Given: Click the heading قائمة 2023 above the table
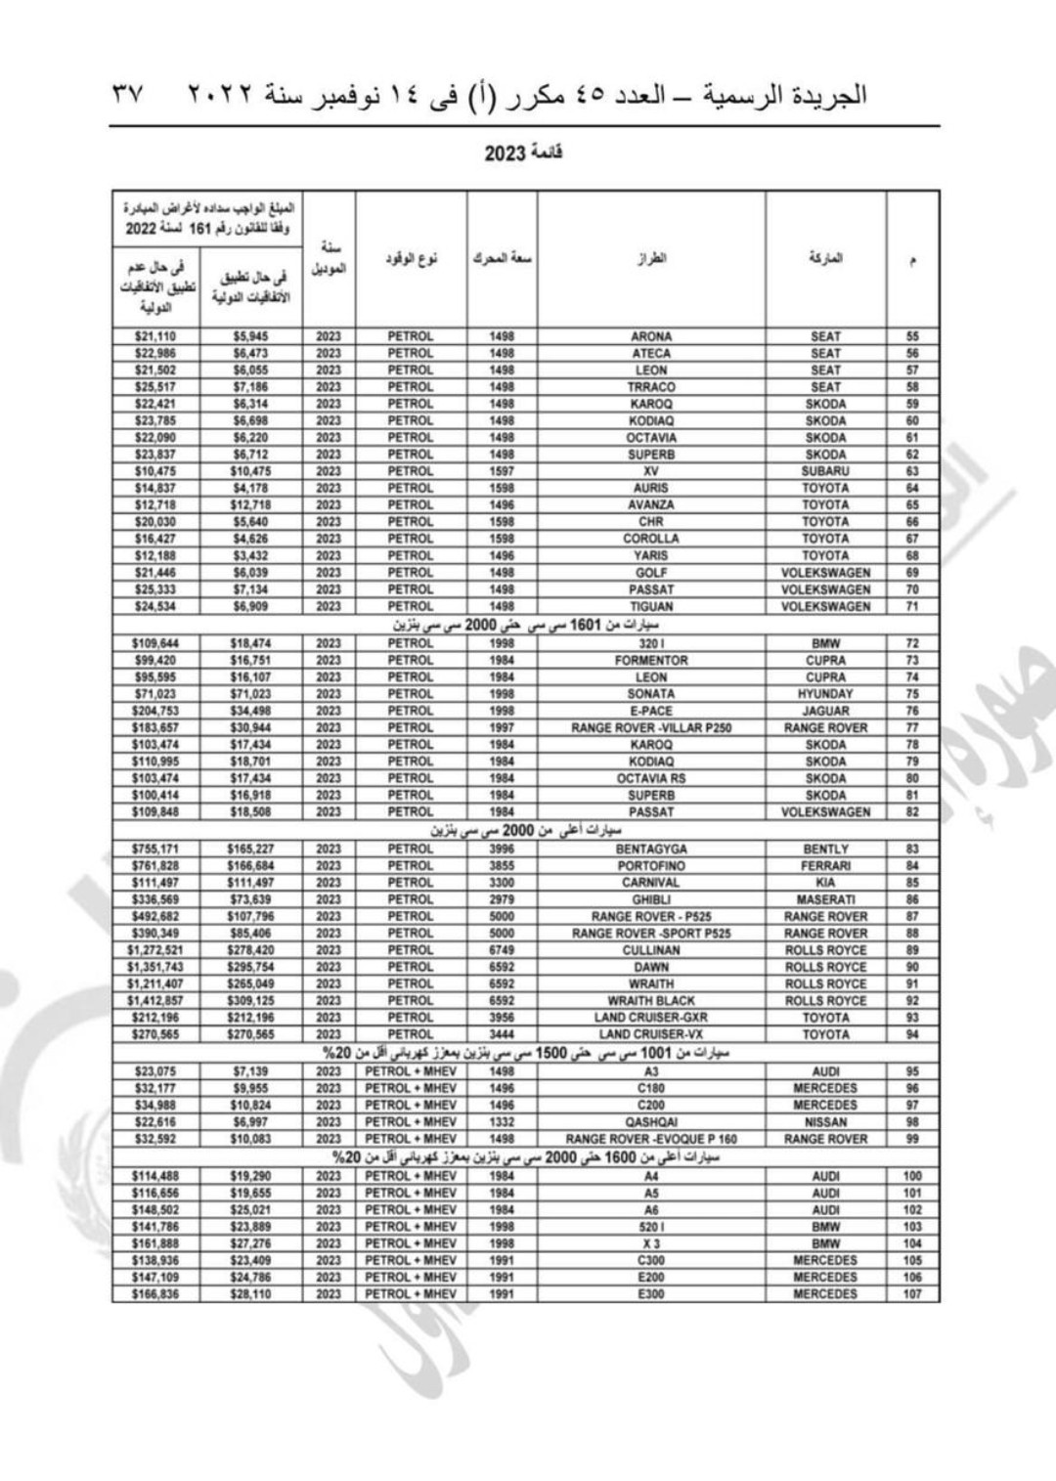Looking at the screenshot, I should tap(524, 153).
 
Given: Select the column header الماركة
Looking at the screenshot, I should tap(825, 258).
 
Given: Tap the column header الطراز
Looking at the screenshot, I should tap(651, 258).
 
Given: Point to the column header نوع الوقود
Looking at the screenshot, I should tap(412, 258).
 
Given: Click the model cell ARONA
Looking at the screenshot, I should tap(651, 336).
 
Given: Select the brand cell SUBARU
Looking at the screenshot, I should tap(825, 471).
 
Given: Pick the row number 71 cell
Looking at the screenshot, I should tap(912, 606).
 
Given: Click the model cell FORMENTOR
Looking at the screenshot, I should tap(651, 661).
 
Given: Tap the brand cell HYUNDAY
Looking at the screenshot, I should tap(825, 694).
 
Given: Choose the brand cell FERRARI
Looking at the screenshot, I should tap(825, 866).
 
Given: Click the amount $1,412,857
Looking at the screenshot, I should tap(155, 1001).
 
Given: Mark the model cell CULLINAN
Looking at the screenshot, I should tap(651, 950).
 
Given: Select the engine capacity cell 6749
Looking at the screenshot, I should tap(502, 950).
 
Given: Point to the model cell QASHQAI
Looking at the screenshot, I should tap(651, 1122).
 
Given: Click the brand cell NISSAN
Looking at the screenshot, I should tap(825, 1122).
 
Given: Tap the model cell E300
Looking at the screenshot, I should tap(651, 1294).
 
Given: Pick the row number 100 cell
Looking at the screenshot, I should tap(912, 1177).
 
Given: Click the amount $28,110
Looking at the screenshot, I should tap(251, 1294).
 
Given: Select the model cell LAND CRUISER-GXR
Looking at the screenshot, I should tap(651, 1018).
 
